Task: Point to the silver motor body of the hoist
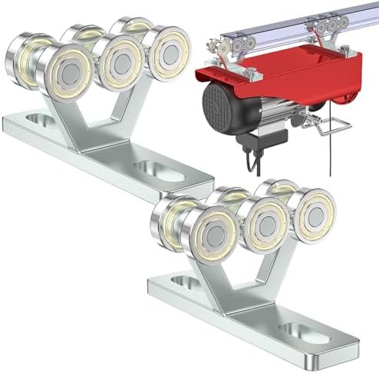pyautogui.click(x=265, y=115)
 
